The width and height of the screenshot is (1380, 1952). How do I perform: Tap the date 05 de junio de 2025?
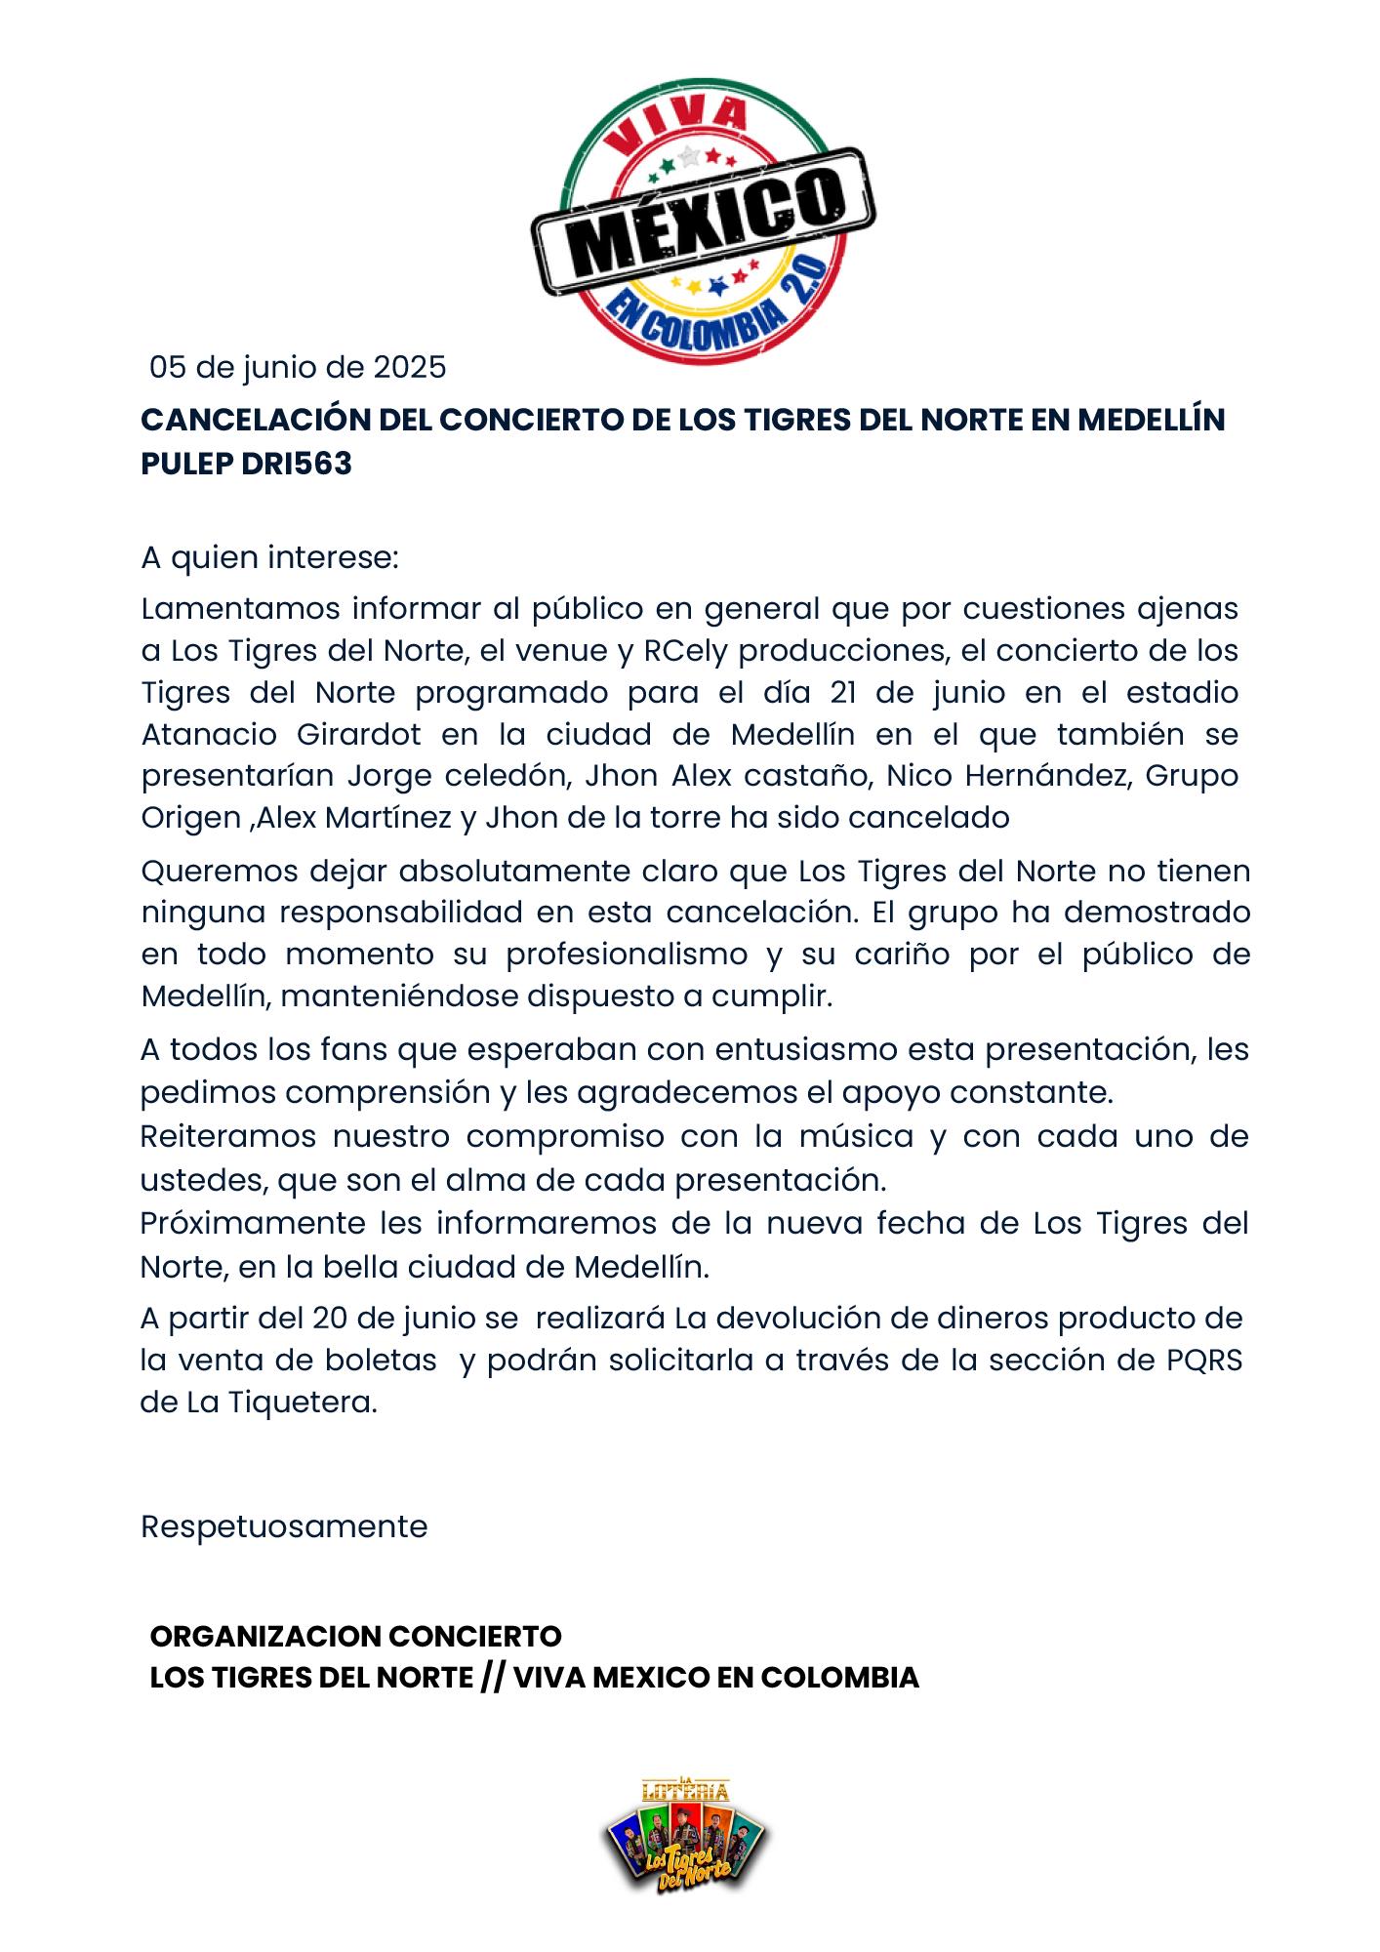[298, 368]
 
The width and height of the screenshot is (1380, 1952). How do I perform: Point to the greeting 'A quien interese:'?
[270, 558]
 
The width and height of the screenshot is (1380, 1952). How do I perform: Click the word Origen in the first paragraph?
[190, 818]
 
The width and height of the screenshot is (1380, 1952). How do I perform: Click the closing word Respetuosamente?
[284, 1527]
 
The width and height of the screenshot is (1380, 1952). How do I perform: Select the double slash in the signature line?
[493, 1678]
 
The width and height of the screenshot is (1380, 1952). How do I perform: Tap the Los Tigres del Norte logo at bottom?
[686, 1835]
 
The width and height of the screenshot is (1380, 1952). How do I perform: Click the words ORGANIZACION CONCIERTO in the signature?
[356, 1636]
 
